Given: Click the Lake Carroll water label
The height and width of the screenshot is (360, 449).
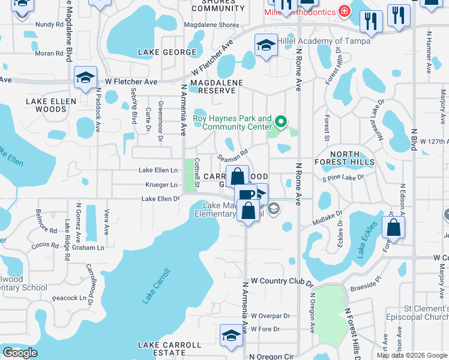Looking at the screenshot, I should [157, 286].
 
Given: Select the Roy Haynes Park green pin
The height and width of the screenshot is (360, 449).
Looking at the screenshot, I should [280, 124].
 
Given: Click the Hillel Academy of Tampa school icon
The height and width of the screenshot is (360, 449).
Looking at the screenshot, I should [266, 45].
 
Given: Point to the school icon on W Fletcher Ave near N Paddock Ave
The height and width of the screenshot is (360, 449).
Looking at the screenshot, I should [86, 77].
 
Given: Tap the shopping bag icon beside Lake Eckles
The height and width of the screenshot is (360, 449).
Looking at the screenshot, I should [393, 227].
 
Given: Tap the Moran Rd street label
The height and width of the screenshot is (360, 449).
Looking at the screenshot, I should [49, 53].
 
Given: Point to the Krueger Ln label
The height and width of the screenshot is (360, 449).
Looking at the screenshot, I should [161, 185].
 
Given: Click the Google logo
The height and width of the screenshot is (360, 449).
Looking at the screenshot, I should [20, 353].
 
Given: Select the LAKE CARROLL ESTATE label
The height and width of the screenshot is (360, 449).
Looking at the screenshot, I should [170, 349].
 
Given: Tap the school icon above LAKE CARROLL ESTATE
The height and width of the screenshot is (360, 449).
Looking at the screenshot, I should [231, 336].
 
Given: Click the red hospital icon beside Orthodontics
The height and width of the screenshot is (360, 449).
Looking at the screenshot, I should [345, 11].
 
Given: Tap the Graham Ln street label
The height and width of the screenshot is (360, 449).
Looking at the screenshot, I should [88, 247].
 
